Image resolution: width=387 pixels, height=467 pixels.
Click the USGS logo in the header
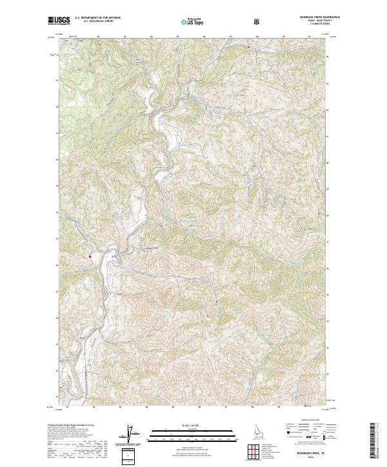pos(58,21)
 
